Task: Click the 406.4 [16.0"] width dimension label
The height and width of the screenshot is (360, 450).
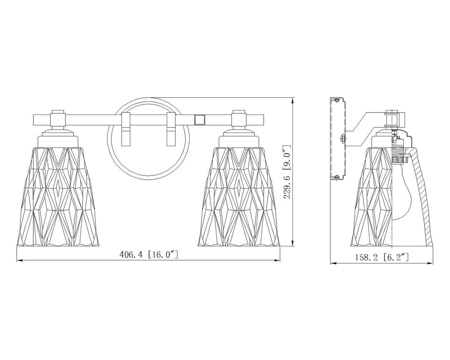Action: coord(148,254)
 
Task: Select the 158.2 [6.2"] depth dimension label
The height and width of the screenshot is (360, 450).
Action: coord(382,257)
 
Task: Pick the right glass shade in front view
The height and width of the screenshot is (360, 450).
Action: coord(239,197)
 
